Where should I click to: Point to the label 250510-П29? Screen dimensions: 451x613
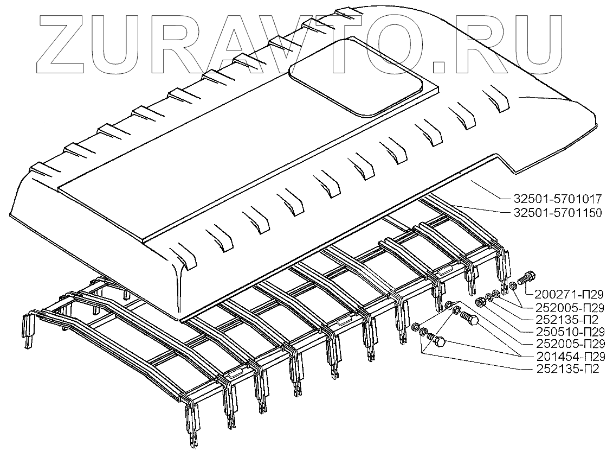[567, 331]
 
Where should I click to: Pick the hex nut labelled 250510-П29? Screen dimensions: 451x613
[479, 301]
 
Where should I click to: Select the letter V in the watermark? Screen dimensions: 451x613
[300, 41]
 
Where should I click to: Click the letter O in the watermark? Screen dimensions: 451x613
[407, 41]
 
